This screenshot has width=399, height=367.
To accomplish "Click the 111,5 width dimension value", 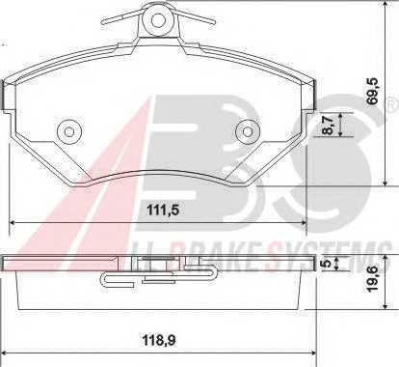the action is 163,211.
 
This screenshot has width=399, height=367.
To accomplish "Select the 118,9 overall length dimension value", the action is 159,340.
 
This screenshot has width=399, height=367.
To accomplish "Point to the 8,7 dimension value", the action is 328,126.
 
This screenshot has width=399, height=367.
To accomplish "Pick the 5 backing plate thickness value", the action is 326,263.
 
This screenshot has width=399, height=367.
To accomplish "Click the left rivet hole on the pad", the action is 68,131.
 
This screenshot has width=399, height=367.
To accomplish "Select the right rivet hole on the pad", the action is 247,131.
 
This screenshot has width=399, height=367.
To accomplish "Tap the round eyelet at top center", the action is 157,21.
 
